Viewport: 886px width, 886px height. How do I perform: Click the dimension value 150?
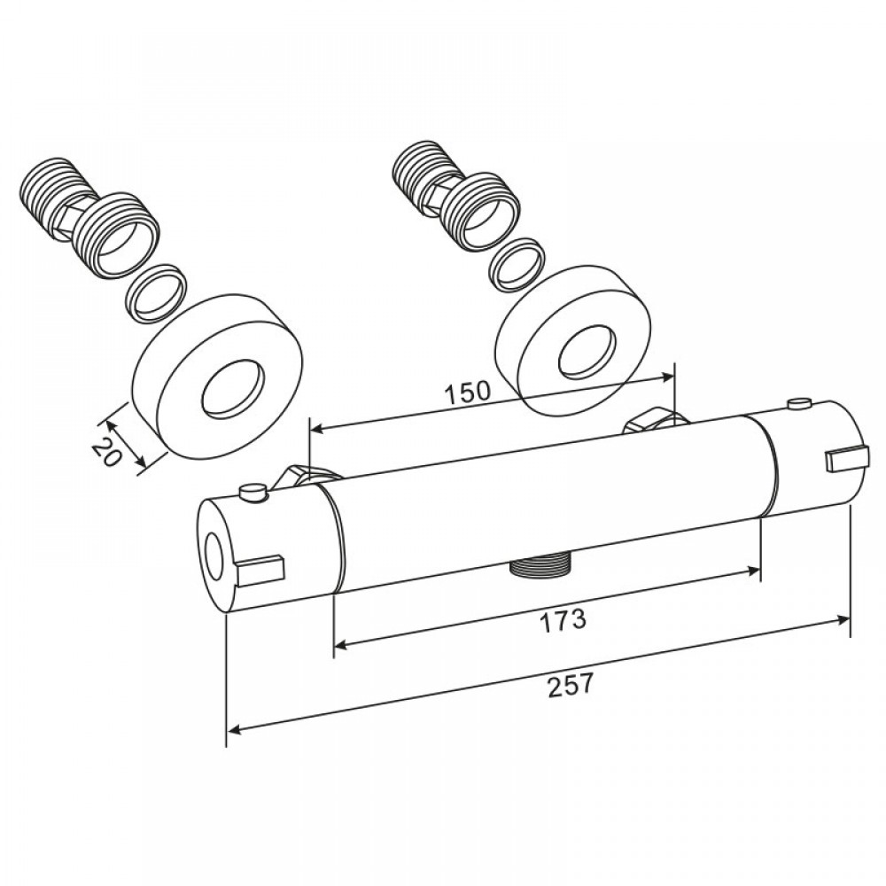tap(467, 392)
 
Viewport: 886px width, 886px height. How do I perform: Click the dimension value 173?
tap(563, 620)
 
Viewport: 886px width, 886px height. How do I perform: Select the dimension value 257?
tap(571, 685)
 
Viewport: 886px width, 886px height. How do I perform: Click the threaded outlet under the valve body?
tap(540, 567)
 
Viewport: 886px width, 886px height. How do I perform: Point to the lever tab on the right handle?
tap(846, 458)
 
